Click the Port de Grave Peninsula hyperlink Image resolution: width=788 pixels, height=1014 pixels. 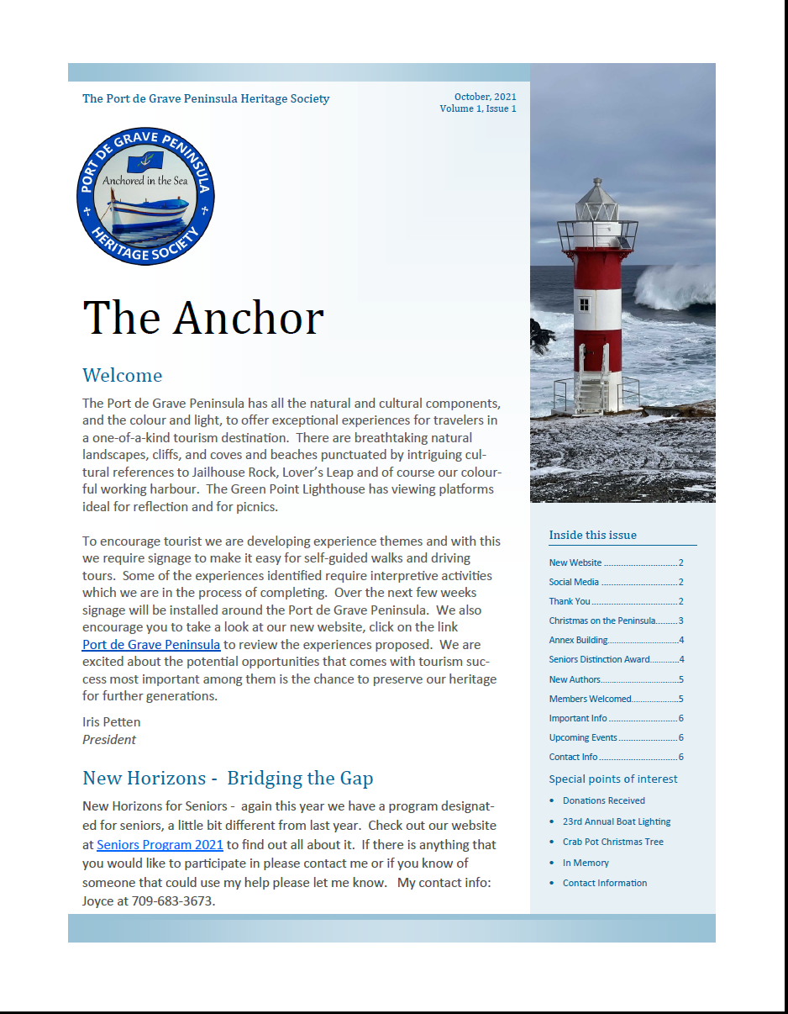(151, 645)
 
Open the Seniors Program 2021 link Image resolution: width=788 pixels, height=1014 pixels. (160, 845)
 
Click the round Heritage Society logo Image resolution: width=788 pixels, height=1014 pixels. (146, 196)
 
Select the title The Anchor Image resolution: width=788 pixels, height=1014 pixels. (203, 318)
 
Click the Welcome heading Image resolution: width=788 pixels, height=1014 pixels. (123, 375)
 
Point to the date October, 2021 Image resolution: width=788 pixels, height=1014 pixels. (486, 97)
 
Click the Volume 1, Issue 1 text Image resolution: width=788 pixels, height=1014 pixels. (478, 108)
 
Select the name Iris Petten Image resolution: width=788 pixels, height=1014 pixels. (112, 721)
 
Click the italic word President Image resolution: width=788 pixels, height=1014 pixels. (109, 740)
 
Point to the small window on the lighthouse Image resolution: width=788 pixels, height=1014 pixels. (584, 304)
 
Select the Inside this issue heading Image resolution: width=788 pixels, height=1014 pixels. (593, 535)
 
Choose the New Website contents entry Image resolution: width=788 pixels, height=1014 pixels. (575, 562)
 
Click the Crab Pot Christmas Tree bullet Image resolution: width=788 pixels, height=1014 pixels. (613, 842)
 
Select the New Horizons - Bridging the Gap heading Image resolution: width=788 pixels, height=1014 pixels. (228, 778)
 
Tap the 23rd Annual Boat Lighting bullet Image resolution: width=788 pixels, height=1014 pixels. (617, 821)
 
